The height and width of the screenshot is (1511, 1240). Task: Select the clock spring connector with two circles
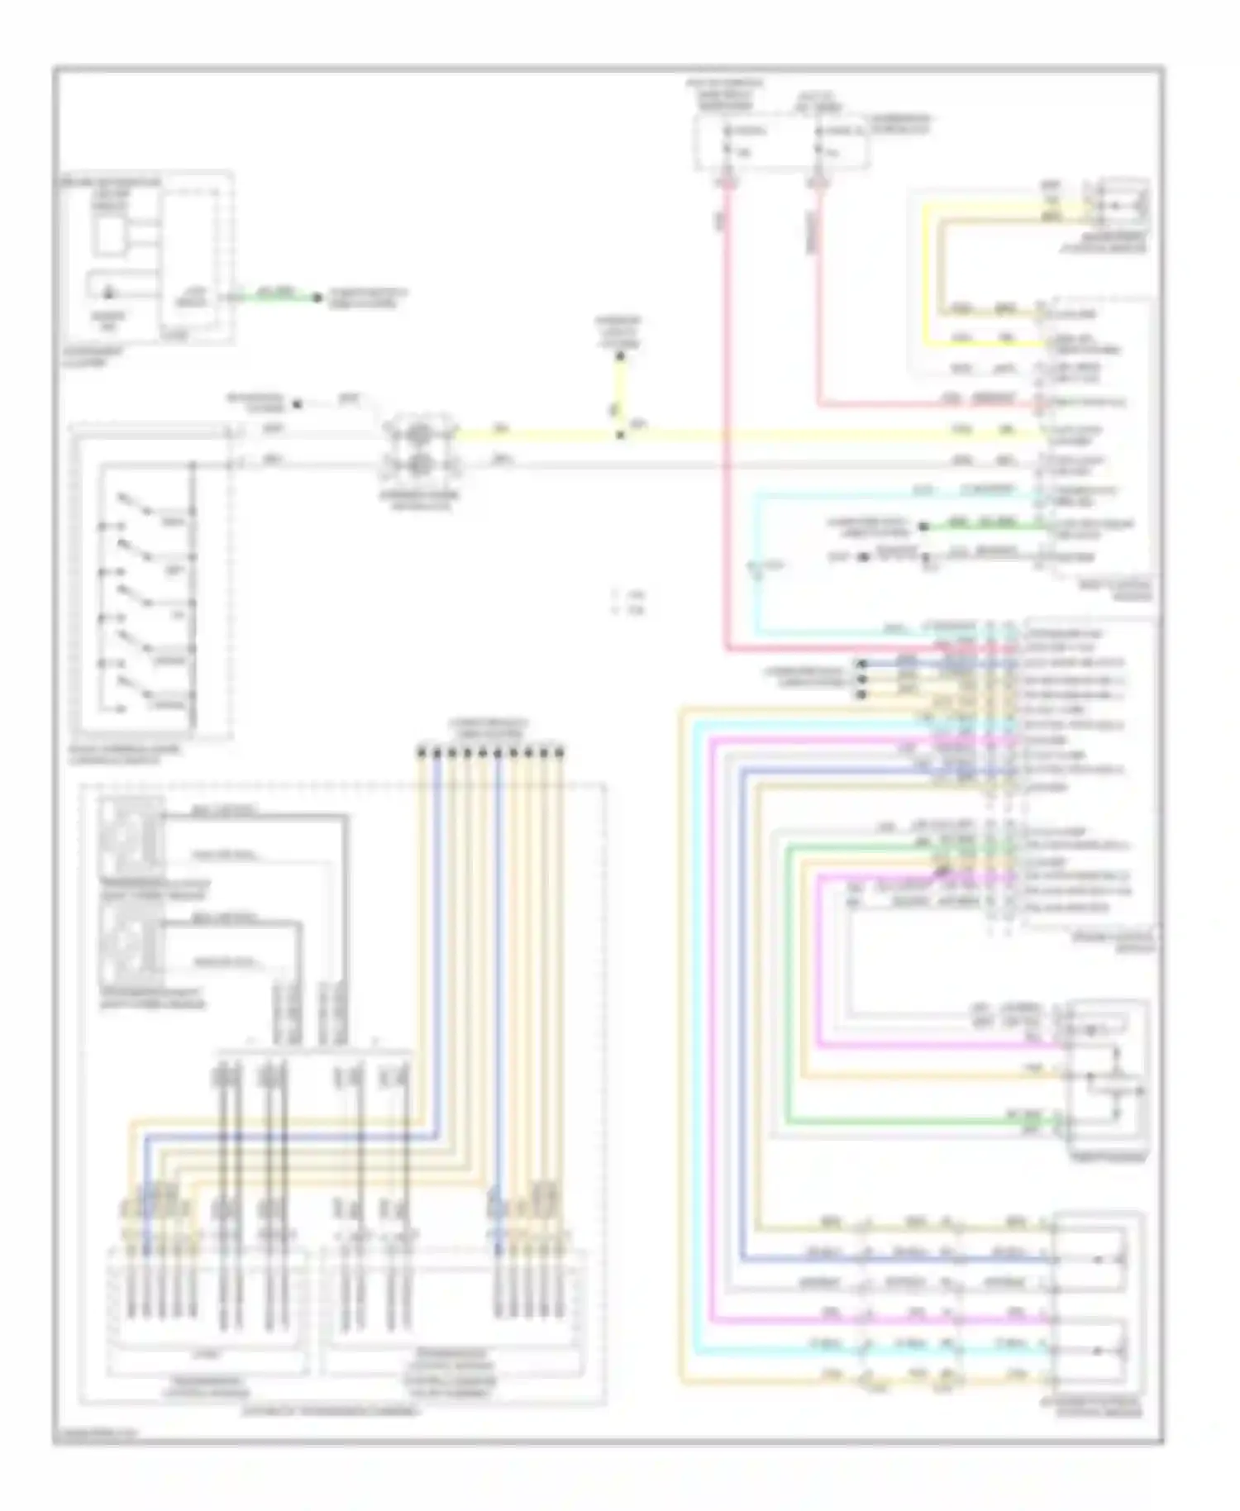[419, 449]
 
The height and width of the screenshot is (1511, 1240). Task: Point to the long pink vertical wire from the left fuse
[728, 413]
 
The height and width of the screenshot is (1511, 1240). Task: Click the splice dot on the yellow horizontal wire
[620, 433]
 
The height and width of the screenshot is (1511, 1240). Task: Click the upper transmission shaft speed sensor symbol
[131, 835]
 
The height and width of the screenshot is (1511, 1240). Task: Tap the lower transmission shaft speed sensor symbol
[131, 942]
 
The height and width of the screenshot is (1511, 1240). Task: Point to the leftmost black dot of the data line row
[422, 752]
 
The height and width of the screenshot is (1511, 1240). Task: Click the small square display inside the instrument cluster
[108, 235]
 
